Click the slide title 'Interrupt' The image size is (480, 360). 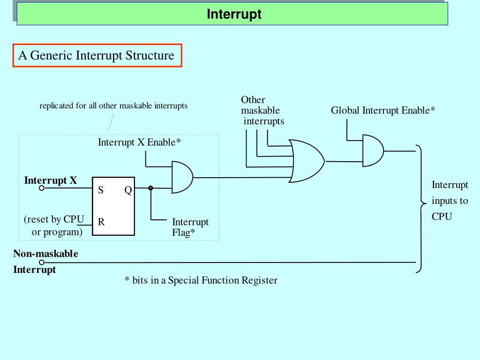point(234,14)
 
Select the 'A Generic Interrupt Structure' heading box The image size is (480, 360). point(97,55)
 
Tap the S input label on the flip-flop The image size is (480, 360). point(100,190)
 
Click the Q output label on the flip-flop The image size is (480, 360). point(128,190)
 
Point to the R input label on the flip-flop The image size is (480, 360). point(101,221)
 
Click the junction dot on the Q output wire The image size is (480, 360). point(150,188)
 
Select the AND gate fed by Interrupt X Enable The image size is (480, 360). point(182,177)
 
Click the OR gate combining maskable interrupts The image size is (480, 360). point(307,161)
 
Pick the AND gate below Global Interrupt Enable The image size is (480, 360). point(373,150)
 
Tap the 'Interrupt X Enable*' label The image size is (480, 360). point(139,142)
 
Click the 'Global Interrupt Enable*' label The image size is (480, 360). point(383,110)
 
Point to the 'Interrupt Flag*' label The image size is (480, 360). point(190,227)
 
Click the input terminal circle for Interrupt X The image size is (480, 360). point(42,188)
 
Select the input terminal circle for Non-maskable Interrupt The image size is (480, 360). point(42,262)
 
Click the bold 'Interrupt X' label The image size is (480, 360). point(51,180)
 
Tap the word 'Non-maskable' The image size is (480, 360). point(45,254)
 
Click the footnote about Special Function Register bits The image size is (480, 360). point(201,280)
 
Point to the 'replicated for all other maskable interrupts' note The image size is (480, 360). point(113,105)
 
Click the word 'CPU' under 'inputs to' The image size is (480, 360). point(442,217)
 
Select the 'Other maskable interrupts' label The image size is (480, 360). point(262,110)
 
